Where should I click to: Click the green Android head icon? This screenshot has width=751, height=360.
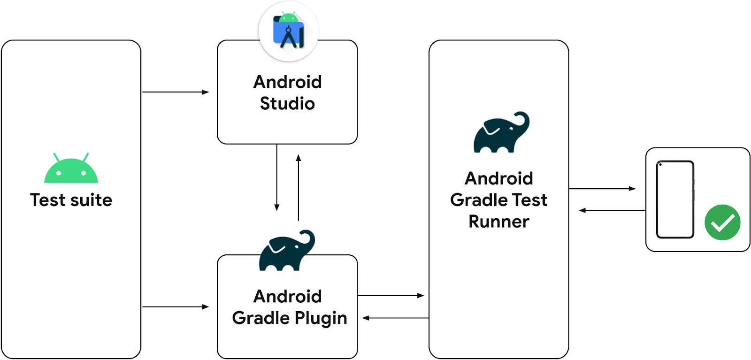pyautogui.click(x=71, y=170)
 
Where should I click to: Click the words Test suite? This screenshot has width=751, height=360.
pyautogui.click(x=71, y=200)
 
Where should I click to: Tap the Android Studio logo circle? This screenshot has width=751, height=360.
pyautogui.click(x=288, y=32)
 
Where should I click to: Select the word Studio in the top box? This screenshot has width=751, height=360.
pyautogui.click(x=287, y=104)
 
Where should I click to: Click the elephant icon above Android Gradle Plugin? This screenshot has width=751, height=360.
pyautogui.click(x=287, y=251)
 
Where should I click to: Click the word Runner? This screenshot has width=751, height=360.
pyautogui.click(x=498, y=222)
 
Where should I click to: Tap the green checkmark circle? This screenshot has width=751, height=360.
pyautogui.click(x=722, y=222)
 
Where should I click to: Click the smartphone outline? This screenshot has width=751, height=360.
pyautogui.click(x=675, y=199)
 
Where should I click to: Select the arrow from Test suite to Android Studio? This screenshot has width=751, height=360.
pyautogui.click(x=175, y=92)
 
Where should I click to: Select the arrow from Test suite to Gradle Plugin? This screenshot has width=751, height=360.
pyautogui.click(x=175, y=307)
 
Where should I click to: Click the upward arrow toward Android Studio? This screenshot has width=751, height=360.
pyautogui.click(x=298, y=188)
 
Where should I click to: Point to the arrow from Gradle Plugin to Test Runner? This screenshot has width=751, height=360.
pyautogui.click(x=391, y=296)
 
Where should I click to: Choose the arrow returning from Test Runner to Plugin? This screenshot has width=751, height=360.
pyautogui.click(x=395, y=318)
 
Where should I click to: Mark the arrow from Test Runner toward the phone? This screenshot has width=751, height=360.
pyautogui.click(x=602, y=189)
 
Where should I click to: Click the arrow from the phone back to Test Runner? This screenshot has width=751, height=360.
pyautogui.click(x=612, y=210)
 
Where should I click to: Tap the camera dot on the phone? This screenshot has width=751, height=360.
pyautogui.click(x=660, y=165)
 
